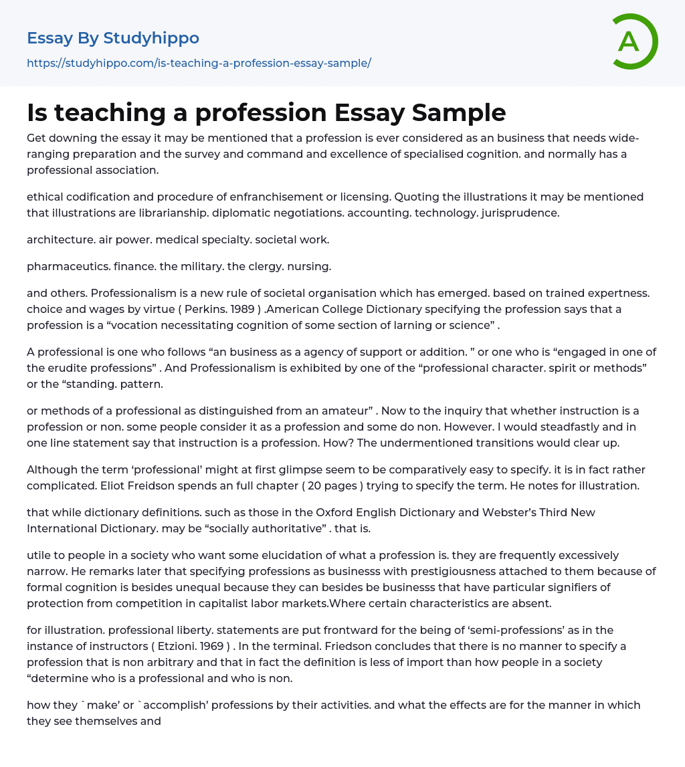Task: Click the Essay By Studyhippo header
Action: click(113, 38)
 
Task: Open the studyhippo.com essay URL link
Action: click(199, 63)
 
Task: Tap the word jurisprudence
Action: click(520, 213)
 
